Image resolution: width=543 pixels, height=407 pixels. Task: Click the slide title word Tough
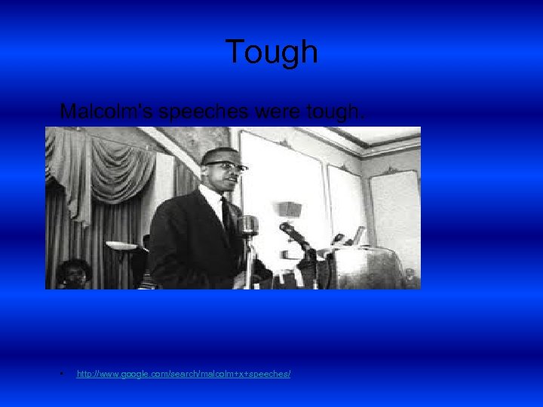pos(271,52)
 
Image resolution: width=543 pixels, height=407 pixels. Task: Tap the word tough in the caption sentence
pos(332,112)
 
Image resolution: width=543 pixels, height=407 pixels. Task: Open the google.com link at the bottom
pos(183,374)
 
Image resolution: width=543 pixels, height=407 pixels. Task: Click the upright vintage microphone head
pos(249,224)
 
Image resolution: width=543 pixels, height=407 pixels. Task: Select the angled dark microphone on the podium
pos(296,234)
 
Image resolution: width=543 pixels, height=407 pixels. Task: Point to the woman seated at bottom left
pos(74,272)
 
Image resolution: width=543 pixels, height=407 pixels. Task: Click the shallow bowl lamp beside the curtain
pos(120,246)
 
